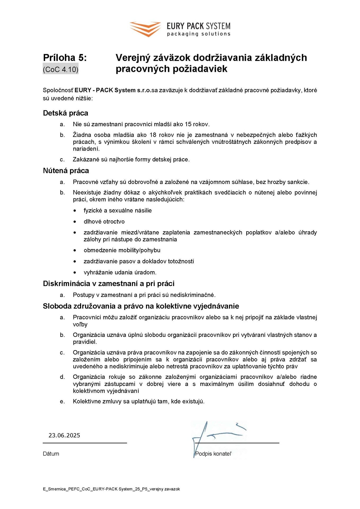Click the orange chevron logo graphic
point(145,29)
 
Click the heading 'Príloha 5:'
point(65,58)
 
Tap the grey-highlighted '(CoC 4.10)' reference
point(60,69)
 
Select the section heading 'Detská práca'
point(65,113)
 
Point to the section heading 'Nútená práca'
point(66,170)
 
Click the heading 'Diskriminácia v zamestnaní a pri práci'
point(109,283)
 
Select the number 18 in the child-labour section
point(153,135)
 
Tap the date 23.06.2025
point(64,435)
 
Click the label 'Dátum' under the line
point(51,454)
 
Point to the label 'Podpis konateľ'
point(213,454)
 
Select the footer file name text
point(111,489)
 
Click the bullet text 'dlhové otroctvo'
point(104,221)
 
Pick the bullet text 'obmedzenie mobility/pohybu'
point(122,250)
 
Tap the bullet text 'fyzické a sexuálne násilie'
point(118,210)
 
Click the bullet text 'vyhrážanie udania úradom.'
point(120,272)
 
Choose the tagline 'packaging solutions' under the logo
point(199,34)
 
